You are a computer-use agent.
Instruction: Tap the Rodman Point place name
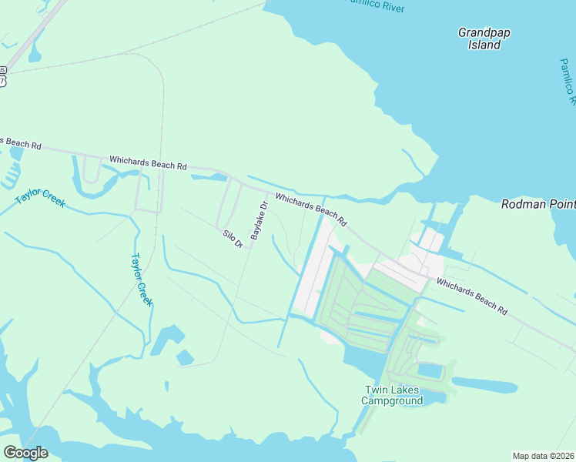point(538,204)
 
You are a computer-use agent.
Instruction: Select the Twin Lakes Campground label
point(393,395)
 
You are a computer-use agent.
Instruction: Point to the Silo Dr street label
point(233,239)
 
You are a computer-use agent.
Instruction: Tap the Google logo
point(25,453)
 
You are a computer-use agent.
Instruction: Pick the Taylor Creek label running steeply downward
point(142,280)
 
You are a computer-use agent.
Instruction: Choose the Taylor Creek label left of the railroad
point(40,198)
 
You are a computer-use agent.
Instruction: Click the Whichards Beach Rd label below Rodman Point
point(472,296)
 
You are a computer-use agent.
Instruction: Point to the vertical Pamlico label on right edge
point(568,81)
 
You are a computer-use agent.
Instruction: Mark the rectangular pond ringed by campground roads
point(430,372)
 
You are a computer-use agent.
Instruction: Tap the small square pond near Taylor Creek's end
point(185,357)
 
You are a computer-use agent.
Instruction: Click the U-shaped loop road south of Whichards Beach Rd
point(93,170)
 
